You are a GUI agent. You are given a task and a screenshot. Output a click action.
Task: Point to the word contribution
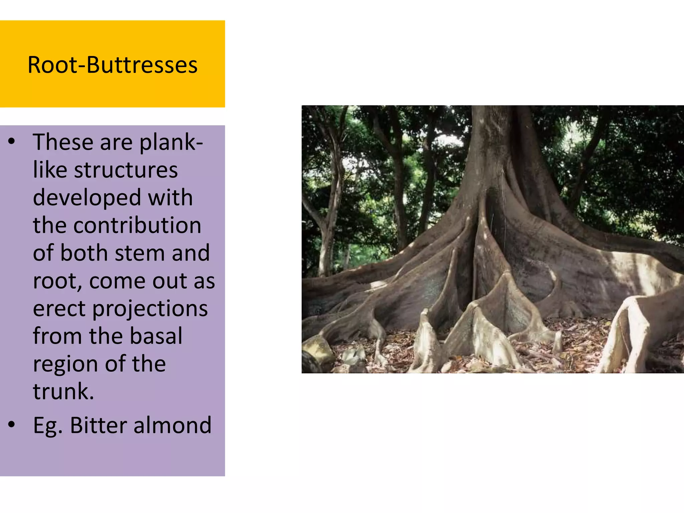137,225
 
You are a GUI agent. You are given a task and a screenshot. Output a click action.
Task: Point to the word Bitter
98,425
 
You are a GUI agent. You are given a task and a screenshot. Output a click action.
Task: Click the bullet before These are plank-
12,142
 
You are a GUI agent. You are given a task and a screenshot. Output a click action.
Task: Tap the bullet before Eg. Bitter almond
12,425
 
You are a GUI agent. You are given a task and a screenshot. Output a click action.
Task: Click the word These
63,142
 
